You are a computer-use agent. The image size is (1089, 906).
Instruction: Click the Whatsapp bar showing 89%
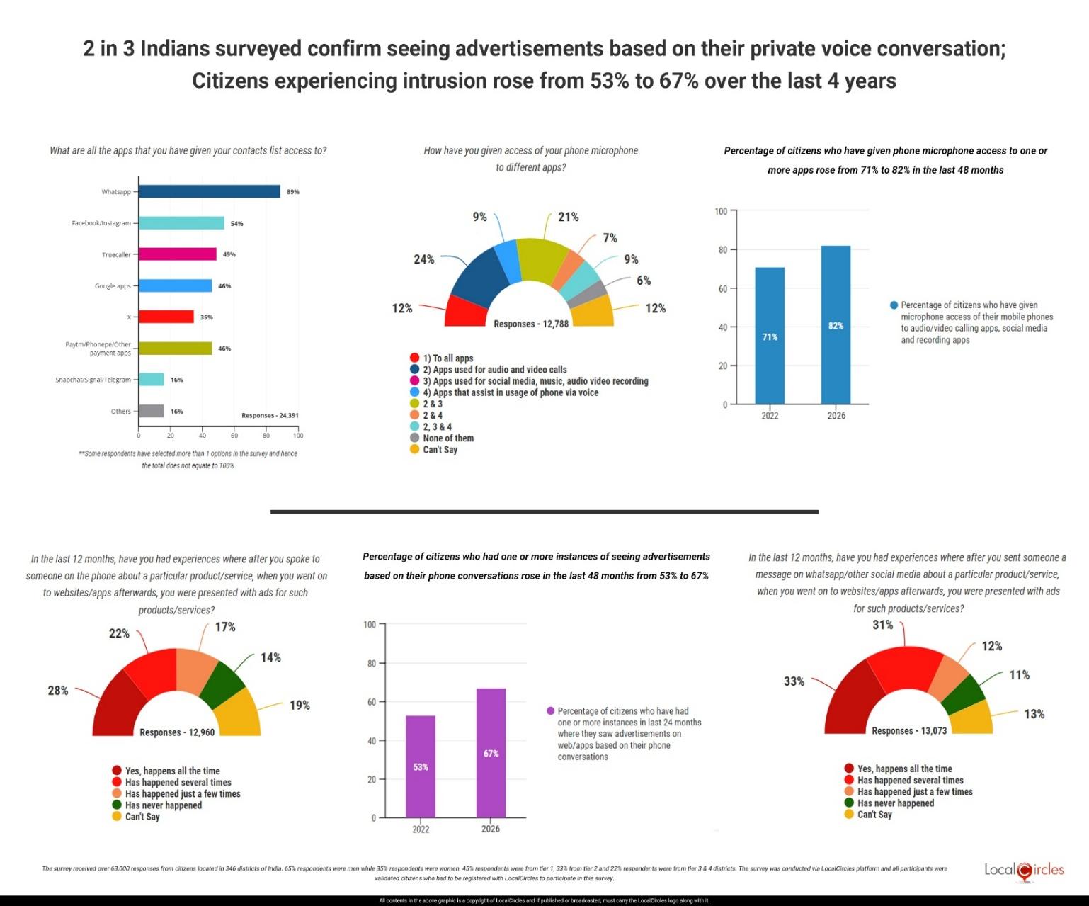click(x=209, y=191)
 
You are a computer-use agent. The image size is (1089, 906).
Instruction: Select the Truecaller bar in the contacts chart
click(x=177, y=254)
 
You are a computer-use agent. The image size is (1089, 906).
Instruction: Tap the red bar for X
click(x=166, y=317)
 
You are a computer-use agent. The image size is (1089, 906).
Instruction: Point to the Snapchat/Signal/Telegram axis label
click(x=93, y=380)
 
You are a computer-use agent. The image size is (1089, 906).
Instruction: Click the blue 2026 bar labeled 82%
click(x=836, y=325)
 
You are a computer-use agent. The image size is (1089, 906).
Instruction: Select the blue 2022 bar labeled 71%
click(x=770, y=336)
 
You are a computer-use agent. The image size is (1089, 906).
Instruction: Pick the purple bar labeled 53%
click(x=421, y=766)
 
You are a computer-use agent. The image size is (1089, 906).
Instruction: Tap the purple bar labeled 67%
click(x=491, y=753)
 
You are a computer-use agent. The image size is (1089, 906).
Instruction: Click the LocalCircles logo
click(x=1024, y=871)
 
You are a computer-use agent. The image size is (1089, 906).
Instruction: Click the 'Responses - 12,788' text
click(x=531, y=324)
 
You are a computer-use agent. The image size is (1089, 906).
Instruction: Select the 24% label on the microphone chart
click(x=423, y=259)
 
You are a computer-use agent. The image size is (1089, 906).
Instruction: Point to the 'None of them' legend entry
click(x=447, y=438)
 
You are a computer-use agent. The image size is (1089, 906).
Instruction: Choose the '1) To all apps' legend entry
click(x=447, y=358)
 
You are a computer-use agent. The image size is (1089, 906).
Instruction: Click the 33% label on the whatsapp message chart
click(x=794, y=681)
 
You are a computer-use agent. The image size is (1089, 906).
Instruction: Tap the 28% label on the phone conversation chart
click(x=58, y=690)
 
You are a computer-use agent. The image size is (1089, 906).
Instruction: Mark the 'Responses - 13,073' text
click(x=909, y=730)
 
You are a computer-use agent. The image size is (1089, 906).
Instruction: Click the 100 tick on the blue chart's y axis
click(x=721, y=211)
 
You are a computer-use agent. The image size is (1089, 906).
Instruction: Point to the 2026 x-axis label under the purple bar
click(x=491, y=829)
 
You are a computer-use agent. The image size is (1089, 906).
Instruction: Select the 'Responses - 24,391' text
click(x=270, y=415)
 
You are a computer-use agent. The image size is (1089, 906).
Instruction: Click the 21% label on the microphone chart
click(x=568, y=217)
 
